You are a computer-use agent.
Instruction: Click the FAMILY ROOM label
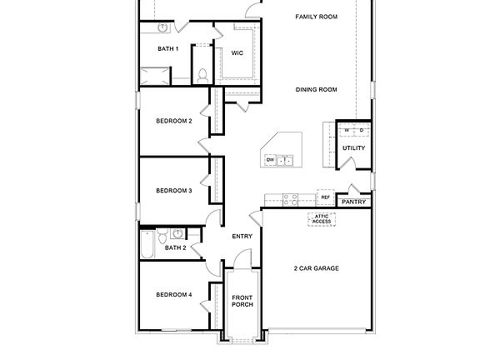coord(317,17)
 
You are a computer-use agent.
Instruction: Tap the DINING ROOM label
coord(316,89)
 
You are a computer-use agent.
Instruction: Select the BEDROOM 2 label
coord(174,121)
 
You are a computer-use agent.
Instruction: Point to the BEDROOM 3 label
coord(174,191)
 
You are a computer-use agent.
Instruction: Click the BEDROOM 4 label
coord(174,294)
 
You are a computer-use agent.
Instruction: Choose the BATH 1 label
coord(168,48)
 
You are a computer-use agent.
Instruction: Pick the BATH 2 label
coord(175,247)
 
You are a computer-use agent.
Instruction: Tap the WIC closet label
coord(237,52)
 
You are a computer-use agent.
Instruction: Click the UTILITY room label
coord(353,148)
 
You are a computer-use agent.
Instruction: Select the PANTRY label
coord(353,202)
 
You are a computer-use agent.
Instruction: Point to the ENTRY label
coord(242,237)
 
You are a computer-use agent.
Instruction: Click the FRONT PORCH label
coord(242,301)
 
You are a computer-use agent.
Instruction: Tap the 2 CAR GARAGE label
coord(316,268)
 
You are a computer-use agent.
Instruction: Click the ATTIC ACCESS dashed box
coord(322,218)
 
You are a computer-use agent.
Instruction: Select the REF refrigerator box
coord(325,197)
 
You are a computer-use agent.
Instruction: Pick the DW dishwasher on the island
coord(271,159)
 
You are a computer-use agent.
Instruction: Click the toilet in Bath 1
coord(202,74)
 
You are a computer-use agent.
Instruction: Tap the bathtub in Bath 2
coord(147,246)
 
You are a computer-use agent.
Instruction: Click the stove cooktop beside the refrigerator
coord(291,198)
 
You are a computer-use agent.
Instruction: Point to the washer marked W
coord(347,130)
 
